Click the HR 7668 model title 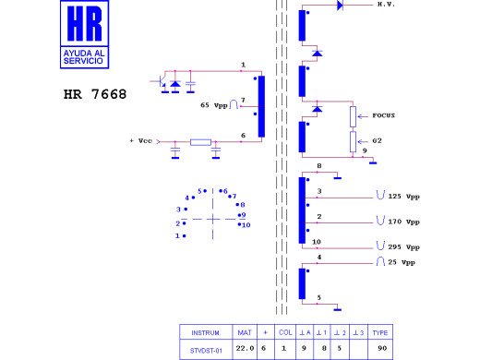coord(95,94)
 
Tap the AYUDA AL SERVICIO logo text coord(84,57)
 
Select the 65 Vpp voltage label coord(214,105)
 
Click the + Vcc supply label coord(141,141)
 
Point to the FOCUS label coord(383,115)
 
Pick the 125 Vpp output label coord(403,197)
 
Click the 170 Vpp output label coord(403,222)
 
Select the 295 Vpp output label coord(403,246)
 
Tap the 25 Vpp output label coord(402,262)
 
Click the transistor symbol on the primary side coord(161,82)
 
